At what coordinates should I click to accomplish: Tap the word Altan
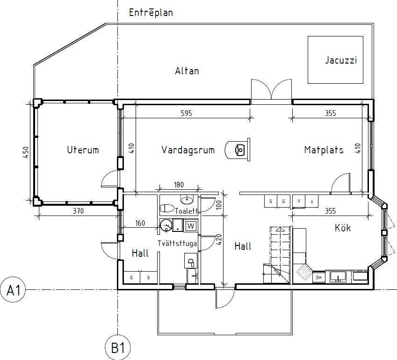pos(187,71)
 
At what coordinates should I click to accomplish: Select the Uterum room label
pos(83,150)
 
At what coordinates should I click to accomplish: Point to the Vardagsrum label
pos(188,150)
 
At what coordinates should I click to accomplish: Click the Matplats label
pos(324,150)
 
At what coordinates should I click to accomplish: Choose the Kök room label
pos(343,228)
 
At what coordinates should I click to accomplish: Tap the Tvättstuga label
pos(176,244)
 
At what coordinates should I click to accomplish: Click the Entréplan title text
pos(151,13)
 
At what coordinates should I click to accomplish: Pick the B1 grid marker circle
pos(117,348)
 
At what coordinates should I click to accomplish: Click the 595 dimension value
pos(186,113)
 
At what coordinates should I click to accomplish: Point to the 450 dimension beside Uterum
pos(26,153)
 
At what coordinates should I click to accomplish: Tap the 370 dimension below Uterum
pos(78,211)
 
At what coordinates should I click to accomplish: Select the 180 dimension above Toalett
pos(179,185)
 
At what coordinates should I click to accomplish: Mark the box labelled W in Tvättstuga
pos(190,226)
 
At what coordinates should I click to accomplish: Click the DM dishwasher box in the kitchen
pos(318,277)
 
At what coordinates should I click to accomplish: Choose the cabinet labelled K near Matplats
pos(312,202)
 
